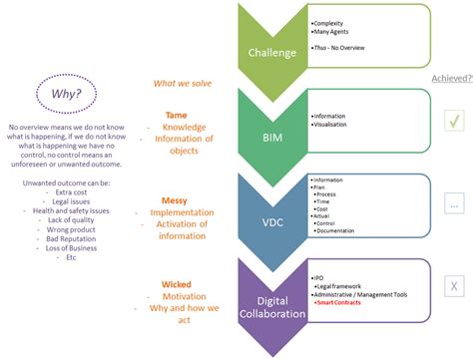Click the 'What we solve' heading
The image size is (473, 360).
[183, 84]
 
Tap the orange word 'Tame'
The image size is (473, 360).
[176, 114]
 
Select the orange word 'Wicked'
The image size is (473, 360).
[177, 285]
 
